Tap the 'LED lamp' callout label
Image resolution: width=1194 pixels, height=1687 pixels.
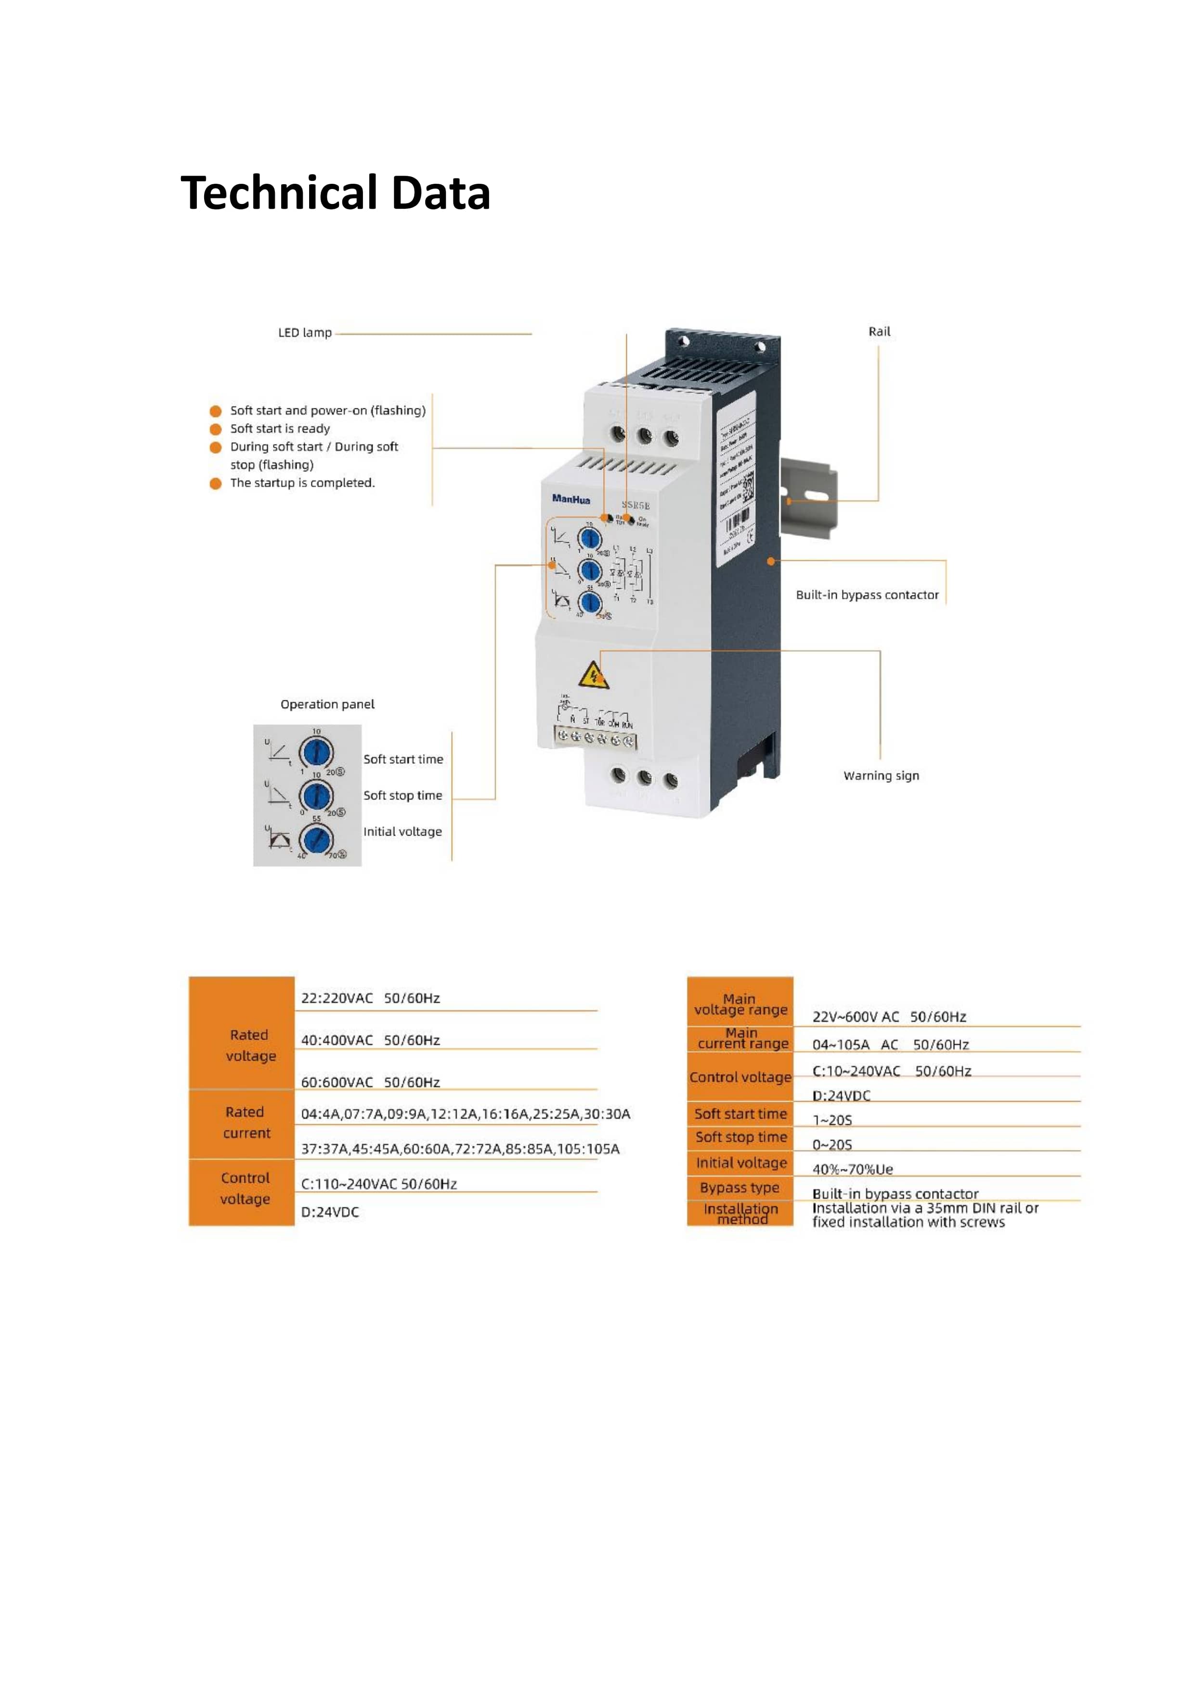point(304,333)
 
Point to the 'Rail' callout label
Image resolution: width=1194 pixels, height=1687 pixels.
point(879,331)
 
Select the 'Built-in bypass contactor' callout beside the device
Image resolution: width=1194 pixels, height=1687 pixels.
point(867,595)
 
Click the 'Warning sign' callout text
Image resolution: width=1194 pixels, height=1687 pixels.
point(881,776)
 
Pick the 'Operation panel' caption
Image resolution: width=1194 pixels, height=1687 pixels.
point(327,705)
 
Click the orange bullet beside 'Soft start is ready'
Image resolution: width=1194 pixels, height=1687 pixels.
point(215,429)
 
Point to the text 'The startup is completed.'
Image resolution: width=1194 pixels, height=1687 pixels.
point(302,483)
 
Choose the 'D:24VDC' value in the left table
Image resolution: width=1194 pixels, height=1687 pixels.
point(330,1212)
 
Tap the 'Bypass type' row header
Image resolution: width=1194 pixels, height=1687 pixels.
point(740,1188)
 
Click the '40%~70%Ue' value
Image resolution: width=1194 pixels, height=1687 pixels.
point(852,1169)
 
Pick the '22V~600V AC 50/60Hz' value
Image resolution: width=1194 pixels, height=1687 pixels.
point(889,1017)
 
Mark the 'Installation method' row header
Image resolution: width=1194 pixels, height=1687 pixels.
point(740,1214)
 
